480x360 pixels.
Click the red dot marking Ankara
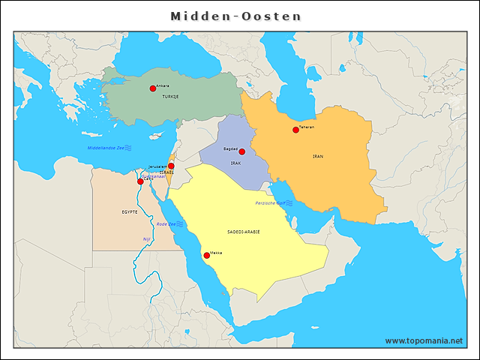[153, 88]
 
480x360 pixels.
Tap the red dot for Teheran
[295, 130]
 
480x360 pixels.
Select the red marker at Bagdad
[241, 151]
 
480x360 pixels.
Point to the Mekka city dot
[207, 256]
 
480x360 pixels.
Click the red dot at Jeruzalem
[171, 166]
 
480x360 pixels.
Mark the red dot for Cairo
[140, 181]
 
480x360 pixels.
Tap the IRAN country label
[318, 156]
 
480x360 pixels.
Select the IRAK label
[235, 162]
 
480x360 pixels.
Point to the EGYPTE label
[130, 212]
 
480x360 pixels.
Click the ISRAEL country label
[166, 172]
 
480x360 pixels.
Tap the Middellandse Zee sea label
[105, 148]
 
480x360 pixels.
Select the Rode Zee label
[166, 224]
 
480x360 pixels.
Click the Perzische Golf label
[269, 203]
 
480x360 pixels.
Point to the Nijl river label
[147, 238]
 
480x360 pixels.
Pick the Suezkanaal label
[152, 176]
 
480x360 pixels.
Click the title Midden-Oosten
[235, 16]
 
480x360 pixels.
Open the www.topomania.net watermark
[424, 340]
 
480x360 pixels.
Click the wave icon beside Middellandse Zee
[128, 148]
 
